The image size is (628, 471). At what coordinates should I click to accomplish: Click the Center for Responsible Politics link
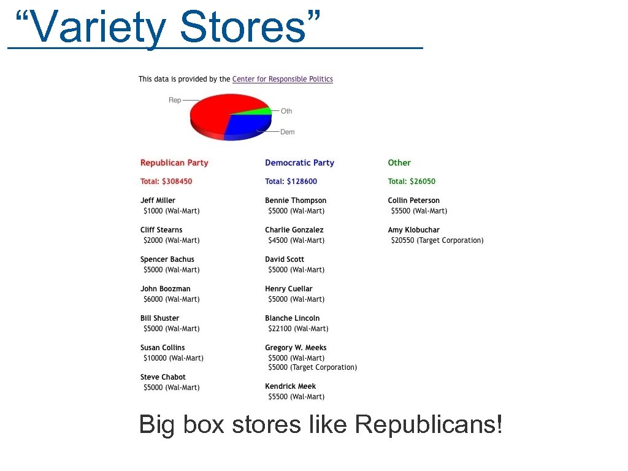(282, 79)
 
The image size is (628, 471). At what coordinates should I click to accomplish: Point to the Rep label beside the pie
(175, 100)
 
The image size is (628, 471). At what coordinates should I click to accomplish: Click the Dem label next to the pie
(287, 132)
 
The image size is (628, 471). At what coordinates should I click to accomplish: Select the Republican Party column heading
(174, 163)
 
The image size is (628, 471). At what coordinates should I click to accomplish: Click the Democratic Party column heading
(299, 163)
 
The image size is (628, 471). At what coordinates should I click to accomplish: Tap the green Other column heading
(399, 163)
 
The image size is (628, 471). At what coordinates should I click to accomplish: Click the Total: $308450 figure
(166, 181)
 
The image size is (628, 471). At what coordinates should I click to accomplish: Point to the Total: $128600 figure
(291, 181)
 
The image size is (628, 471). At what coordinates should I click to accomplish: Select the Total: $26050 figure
(412, 181)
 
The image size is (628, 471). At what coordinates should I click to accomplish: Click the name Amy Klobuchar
(413, 230)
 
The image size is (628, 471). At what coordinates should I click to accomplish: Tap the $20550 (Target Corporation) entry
(437, 240)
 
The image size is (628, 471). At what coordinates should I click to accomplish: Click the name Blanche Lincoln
(292, 318)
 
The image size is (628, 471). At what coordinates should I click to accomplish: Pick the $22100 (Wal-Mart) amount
(298, 329)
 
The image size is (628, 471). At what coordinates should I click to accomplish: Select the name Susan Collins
(163, 348)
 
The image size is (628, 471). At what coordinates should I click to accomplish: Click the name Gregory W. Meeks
(296, 348)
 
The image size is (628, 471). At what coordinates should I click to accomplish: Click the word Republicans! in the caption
(429, 424)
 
